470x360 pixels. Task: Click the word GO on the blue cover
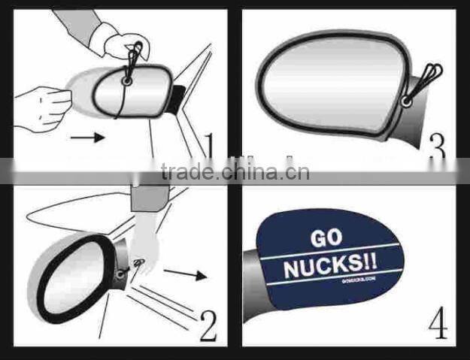(x=326, y=238)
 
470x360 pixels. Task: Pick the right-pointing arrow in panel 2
(x=185, y=274)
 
